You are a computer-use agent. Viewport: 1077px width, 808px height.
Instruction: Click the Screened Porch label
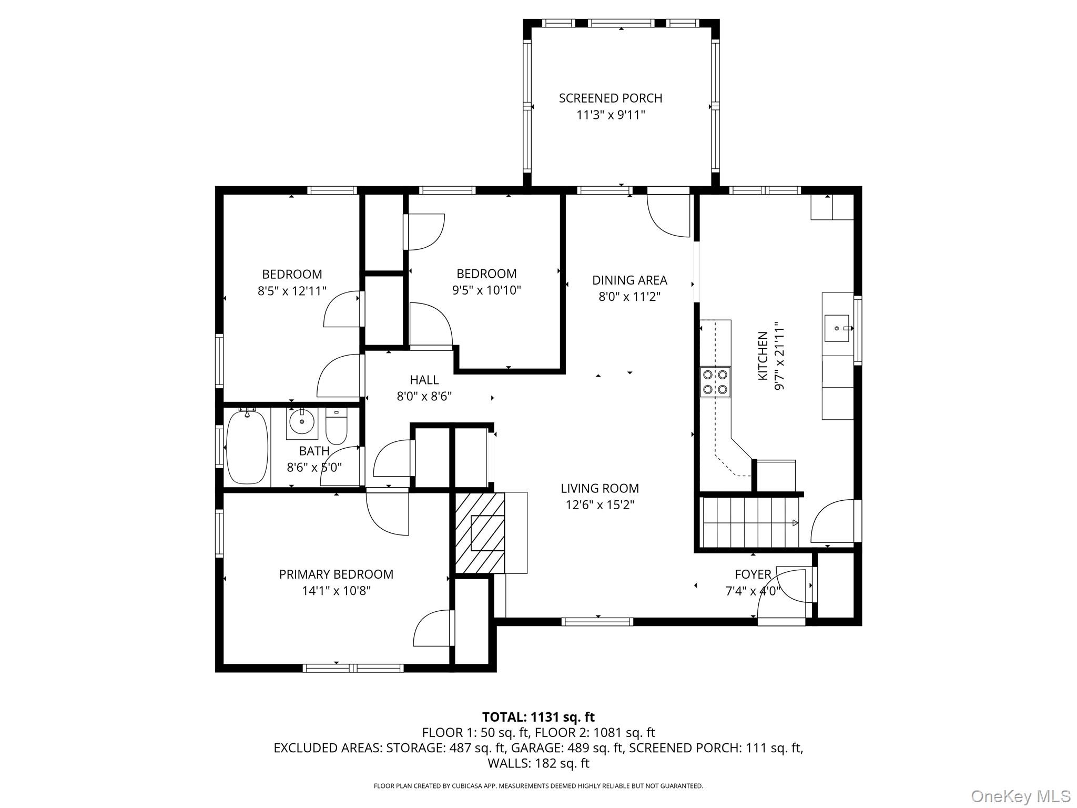[610, 98]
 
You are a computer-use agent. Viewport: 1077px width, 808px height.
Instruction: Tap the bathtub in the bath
[247, 447]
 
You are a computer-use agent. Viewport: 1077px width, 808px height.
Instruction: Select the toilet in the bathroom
[336, 427]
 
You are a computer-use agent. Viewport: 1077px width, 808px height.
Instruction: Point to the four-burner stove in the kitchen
[716, 382]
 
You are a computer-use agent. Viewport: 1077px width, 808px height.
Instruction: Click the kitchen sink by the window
[837, 328]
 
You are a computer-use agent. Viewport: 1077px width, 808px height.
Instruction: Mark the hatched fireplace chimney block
[480, 533]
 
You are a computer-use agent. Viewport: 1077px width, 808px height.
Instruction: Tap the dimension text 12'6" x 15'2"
[600, 505]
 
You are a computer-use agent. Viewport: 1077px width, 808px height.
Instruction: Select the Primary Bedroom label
[336, 574]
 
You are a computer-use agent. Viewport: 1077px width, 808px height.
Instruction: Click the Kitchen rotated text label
[763, 356]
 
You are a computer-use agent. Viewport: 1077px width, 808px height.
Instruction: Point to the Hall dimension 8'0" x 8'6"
[424, 396]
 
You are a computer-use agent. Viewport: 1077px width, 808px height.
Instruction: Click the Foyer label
[753, 574]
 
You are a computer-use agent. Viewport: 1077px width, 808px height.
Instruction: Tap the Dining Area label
[629, 280]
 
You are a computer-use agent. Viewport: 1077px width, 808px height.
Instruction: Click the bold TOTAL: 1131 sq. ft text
[538, 717]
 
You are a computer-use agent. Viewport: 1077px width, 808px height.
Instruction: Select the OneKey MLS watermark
[1020, 796]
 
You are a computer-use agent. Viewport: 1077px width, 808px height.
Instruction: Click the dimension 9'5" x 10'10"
[486, 290]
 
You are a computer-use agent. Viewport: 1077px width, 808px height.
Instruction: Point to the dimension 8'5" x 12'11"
[292, 291]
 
